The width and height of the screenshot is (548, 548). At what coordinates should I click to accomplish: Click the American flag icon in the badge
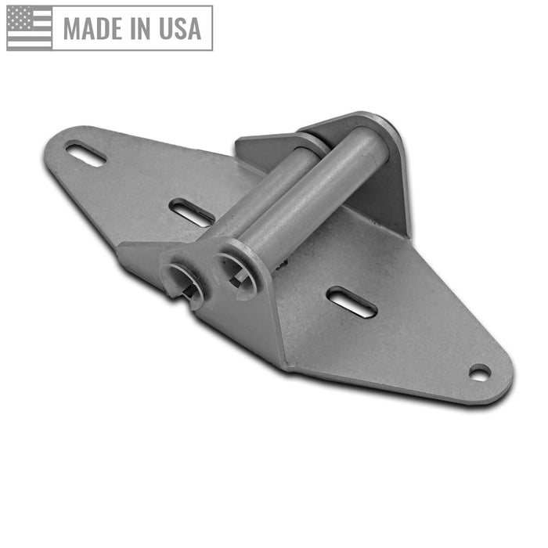(30, 27)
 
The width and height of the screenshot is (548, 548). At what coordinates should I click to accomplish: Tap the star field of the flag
(19, 18)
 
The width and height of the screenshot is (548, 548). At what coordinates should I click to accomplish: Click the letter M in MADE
(73, 28)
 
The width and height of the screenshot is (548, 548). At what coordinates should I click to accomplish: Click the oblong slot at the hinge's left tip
(86, 153)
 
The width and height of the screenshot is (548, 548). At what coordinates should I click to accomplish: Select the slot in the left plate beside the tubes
(191, 212)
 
